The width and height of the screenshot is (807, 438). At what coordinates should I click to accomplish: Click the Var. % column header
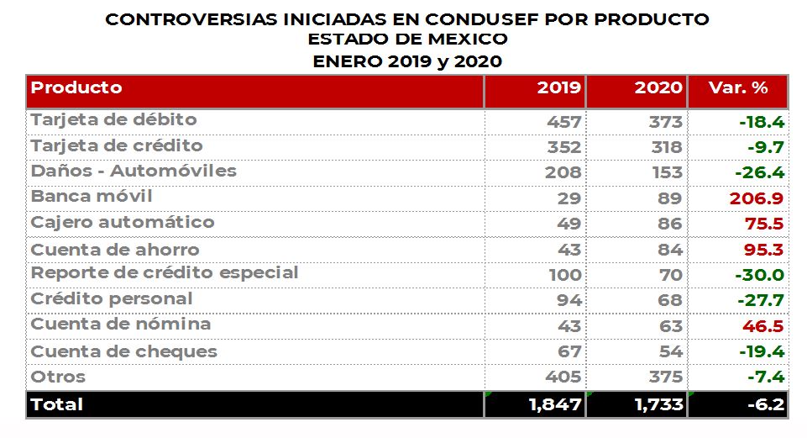coord(738,88)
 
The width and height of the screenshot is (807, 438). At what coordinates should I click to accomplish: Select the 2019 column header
coord(558,88)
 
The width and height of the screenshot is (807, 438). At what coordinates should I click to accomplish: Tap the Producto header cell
coord(76,88)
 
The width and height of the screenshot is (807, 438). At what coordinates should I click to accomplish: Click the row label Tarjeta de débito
coord(113,120)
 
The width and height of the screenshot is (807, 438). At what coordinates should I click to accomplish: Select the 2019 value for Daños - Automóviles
coord(563,172)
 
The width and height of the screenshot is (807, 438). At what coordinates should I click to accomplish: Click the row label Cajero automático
coord(123,223)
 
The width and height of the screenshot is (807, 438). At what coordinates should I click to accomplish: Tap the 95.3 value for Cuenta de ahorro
coord(764,250)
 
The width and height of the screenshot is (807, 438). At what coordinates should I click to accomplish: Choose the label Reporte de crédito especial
coord(165,273)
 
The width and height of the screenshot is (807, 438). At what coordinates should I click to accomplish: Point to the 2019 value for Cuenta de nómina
coord(569,325)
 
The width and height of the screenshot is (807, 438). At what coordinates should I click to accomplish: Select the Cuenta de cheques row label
coord(124,351)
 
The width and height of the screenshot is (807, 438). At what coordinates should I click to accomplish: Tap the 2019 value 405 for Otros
coord(563,377)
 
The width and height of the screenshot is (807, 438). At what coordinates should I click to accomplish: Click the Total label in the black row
coord(57,404)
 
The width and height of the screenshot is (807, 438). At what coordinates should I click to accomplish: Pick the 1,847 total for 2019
coord(555,405)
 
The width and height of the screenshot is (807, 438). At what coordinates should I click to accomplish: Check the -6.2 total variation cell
coord(765,405)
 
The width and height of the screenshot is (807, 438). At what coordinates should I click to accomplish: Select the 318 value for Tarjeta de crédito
coord(666,147)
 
